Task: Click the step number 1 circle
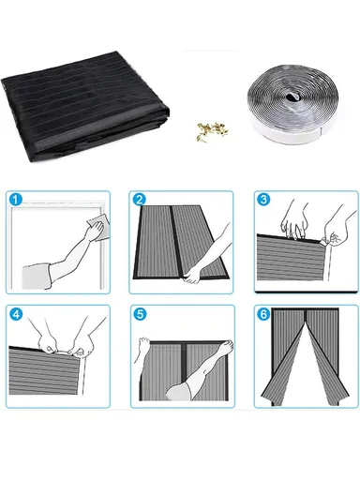14,199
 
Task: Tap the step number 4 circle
14,313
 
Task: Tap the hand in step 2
195,275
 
